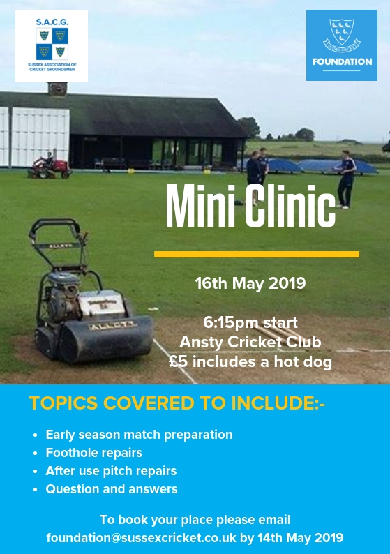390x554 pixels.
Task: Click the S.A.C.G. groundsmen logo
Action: tap(52, 46)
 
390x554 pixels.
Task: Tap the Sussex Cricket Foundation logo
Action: tap(342, 45)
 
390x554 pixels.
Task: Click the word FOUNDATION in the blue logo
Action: tap(342, 62)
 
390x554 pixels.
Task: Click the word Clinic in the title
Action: tap(290, 206)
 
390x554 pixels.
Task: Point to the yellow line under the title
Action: tap(257, 255)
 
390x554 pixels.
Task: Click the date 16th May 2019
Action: tap(250, 283)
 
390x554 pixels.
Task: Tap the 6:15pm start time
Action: tap(250, 322)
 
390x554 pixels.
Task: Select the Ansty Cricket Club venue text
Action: tap(250, 342)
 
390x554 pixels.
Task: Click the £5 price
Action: tap(178, 362)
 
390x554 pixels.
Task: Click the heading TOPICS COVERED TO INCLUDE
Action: tap(177, 403)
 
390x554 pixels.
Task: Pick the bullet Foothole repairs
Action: tap(94, 453)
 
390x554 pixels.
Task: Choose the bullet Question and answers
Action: tap(112, 489)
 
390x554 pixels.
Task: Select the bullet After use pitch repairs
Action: tap(111, 471)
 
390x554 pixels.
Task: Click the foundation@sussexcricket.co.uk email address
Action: tap(142, 538)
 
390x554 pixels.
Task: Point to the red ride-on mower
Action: tap(50, 166)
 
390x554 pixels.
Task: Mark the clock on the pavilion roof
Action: tap(57, 89)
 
